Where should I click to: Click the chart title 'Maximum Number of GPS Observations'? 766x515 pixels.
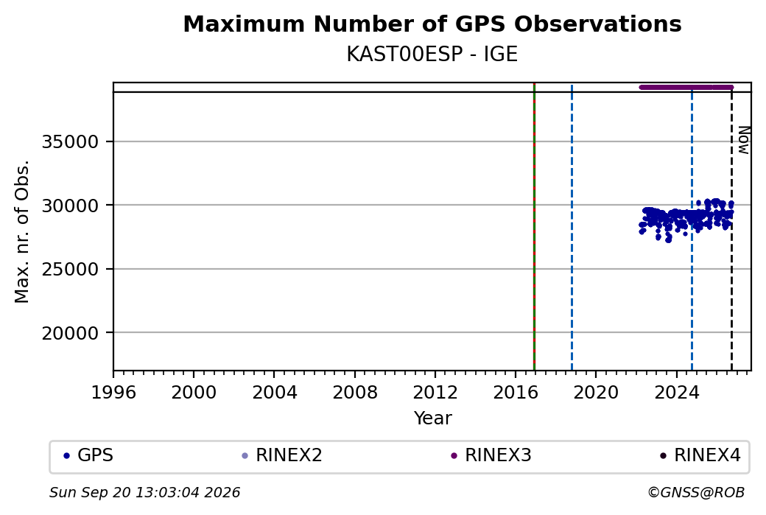[432, 24]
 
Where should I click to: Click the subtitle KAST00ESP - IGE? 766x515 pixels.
[432, 55]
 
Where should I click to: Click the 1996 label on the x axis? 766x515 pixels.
[113, 393]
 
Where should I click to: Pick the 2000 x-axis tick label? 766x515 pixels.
[194, 393]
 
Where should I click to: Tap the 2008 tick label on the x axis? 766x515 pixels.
[355, 393]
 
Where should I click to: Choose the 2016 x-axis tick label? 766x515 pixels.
[516, 393]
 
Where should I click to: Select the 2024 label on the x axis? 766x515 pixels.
[676, 393]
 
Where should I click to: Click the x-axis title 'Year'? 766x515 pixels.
[433, 418]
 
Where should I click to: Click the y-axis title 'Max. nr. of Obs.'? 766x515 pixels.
[22, 231]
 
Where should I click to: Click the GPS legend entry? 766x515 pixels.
[88, 455]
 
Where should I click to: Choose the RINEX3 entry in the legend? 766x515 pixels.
[491, 455]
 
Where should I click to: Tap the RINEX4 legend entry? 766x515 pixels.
[700, 455]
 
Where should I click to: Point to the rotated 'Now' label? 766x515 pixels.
[743, 140]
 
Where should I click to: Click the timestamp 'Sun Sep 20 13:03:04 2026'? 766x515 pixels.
[144, 492]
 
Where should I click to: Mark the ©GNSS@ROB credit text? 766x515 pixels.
[696, 492]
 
